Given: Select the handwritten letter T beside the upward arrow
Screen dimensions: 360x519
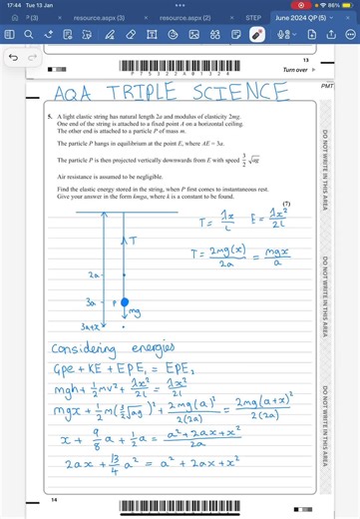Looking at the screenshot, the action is coord(134,242).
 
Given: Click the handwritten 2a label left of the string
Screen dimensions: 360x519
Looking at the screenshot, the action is coord(95,272).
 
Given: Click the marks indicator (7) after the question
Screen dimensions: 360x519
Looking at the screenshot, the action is coord(286,204).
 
